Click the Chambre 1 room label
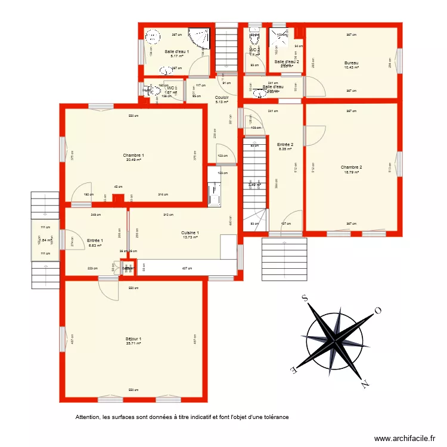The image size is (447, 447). [134, 155]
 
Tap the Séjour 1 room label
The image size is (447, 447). [134, 339]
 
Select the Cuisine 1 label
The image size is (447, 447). [190, 232]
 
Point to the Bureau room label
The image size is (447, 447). [351, 63]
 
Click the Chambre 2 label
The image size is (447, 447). [351, 167]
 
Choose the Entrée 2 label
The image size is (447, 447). [285, 144]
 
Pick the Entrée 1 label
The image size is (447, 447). [95, 240]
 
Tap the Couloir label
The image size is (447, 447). [222, 97]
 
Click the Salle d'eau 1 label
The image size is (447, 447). [176, 51]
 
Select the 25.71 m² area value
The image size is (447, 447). [134, 343]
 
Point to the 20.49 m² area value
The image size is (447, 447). [134, 160]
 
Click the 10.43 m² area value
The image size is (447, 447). [351, 67]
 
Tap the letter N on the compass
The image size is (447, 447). [364, 384]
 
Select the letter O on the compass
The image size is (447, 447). [377, 310]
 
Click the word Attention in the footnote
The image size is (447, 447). [88, 417]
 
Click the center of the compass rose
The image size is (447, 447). [335, 340]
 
